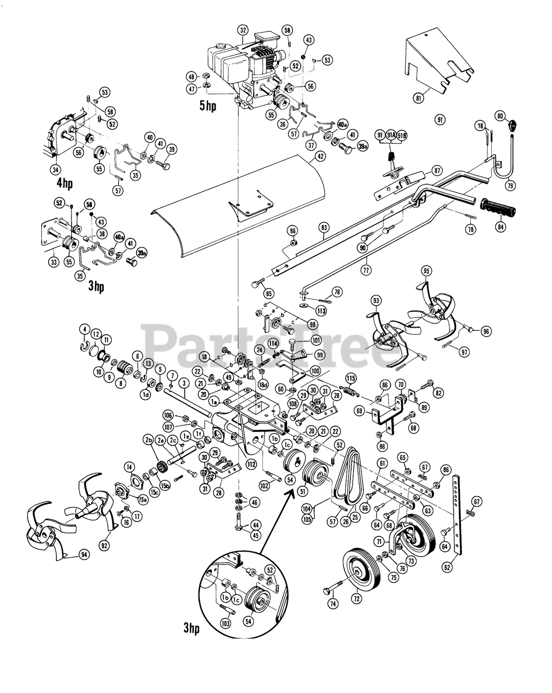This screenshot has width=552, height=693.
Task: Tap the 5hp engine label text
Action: pyautogui.click(x=207, y=106)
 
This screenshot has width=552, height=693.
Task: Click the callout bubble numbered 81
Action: pyautogui.click(x=418, y=97)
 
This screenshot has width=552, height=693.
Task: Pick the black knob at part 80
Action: pyautogui.click(x=512, y=129)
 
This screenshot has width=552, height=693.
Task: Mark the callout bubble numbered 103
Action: pyautogui.click(x=226, y=623)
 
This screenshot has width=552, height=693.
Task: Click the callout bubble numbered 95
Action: pyautogui.click(x=426, y=271)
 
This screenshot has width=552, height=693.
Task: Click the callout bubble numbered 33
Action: pyautogui.click(x=54, y=262)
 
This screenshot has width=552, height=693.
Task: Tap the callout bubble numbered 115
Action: pyautogui.click(x=351, y=378)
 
